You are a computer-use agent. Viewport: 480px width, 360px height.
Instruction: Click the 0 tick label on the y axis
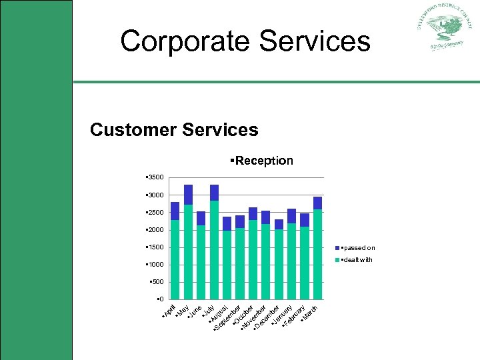point(159,299)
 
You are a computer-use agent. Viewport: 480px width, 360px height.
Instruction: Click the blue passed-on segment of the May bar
point(188,195)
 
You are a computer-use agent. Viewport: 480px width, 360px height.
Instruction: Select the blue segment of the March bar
point(317,203)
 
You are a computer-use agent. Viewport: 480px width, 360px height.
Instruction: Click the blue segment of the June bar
point(201,218)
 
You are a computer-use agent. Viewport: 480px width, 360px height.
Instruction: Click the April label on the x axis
point(169,311)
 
